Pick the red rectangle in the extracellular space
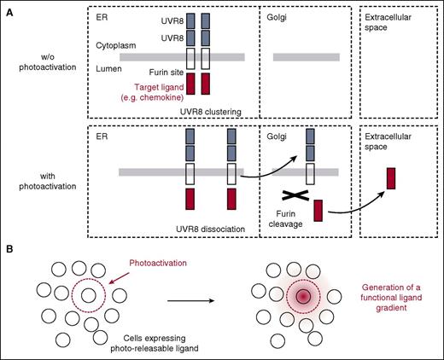[392, 178]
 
